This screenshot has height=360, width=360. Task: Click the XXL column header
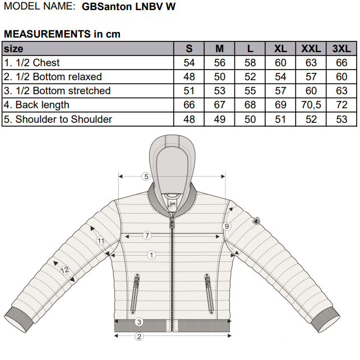coord(311,49)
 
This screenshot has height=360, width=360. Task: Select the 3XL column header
coord(341,49)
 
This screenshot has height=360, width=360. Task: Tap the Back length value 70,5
coord(311,105)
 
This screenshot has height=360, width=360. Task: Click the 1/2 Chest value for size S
coord(189,63)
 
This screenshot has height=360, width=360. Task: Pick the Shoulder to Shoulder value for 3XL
coord(341,119)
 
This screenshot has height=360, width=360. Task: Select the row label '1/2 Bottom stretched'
coord(57,91)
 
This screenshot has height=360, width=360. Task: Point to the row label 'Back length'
coord(36,105)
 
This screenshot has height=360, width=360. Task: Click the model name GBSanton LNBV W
coord(128,6)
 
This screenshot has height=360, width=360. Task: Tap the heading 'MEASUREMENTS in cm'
coord(62,34)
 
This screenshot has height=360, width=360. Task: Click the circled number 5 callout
coord(146,177)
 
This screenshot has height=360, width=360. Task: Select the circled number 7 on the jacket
coord(147,236)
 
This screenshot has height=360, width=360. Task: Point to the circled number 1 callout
coord(151,255)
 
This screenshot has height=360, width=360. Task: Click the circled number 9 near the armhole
coord(227,227)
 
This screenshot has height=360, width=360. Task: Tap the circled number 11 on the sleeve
coord(101,241)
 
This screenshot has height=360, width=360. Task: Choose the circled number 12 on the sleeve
coord(64,270)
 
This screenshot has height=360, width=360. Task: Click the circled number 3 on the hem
coord(139,322)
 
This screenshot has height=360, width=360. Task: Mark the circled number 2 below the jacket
coord(139,337)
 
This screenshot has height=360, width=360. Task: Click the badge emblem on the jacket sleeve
coord(256,220)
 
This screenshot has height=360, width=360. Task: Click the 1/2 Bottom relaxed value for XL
coord(280,77)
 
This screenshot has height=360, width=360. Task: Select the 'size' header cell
coord(13,49)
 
